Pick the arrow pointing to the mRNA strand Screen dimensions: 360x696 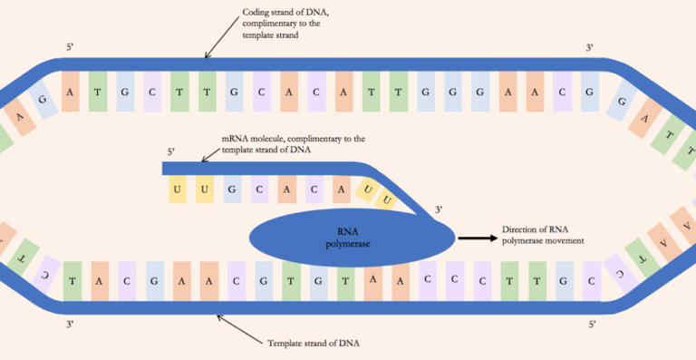(x=211, y=153)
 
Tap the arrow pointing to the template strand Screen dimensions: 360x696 (x=236, y=327)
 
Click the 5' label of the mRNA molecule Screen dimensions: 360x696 (x=171, y=151)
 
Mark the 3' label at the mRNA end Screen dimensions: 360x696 (x=439, y=209)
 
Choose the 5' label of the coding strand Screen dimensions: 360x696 (x=71, y=46)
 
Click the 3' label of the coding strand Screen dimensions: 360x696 (x=590, y=46)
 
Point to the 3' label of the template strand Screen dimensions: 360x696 (x=71, y=322)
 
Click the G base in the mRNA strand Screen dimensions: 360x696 (x=232, y=190)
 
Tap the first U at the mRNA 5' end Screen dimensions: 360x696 (x=177, y=190)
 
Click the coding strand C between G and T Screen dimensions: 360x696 (x=150, y=92)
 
